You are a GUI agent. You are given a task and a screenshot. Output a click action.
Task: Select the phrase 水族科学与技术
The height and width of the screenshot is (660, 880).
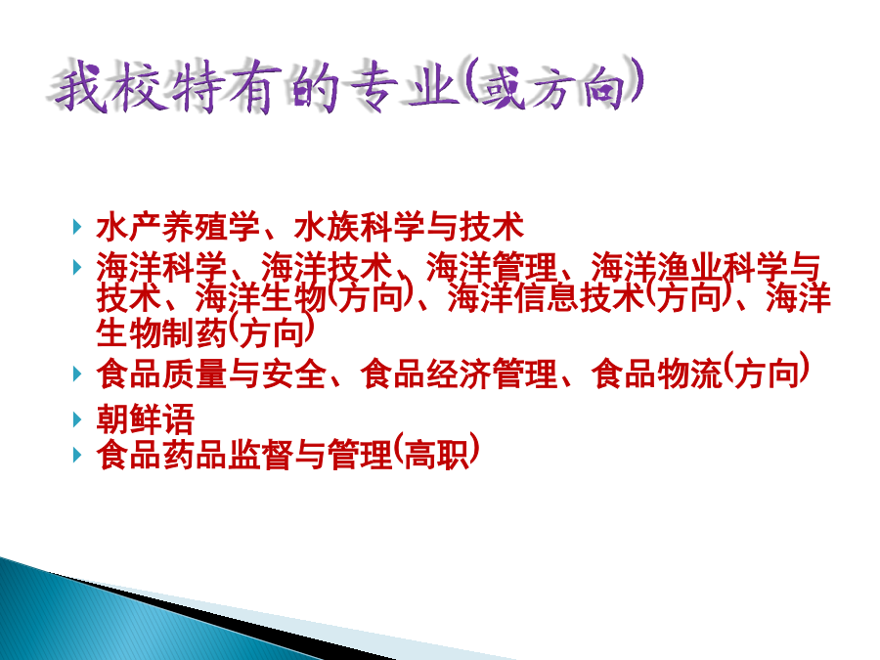(409, 227)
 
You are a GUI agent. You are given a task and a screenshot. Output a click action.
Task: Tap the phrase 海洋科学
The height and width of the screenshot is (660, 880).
(161, 267)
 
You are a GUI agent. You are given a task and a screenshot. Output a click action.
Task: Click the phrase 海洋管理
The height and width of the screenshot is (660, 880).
(492, 267)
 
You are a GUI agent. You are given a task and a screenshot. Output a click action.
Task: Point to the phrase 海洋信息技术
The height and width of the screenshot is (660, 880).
(546, 297)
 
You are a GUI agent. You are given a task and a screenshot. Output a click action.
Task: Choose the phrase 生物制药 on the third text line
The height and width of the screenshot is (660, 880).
(161, 332)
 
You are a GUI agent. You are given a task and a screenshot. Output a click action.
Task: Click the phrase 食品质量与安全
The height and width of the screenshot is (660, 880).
(211, 374)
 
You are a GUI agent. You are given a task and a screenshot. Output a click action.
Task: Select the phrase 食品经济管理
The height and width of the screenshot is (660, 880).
(460, 374)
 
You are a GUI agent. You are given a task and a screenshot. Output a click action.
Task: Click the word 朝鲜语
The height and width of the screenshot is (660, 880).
(146, 419)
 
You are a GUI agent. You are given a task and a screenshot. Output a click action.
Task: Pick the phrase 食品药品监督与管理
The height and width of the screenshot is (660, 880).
(244, 455)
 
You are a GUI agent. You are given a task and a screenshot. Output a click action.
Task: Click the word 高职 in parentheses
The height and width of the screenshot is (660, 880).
(436, 455)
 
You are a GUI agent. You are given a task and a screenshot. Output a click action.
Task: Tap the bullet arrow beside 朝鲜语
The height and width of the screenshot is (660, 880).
(77, 419)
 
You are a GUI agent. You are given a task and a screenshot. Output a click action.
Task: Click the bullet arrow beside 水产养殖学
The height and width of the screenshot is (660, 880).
(77, 227)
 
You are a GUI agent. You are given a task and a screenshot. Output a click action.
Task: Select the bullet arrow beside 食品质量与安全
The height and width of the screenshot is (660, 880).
(77, 374)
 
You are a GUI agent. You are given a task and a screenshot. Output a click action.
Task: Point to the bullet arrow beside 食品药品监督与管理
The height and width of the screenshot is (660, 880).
(77, 455)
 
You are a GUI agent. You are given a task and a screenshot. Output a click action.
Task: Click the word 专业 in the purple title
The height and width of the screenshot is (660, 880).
(402, 85)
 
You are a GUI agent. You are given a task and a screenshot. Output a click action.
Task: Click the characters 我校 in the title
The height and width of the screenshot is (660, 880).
(110, 87)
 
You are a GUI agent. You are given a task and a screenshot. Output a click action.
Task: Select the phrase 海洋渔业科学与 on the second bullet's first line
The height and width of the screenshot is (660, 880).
(705, 267)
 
